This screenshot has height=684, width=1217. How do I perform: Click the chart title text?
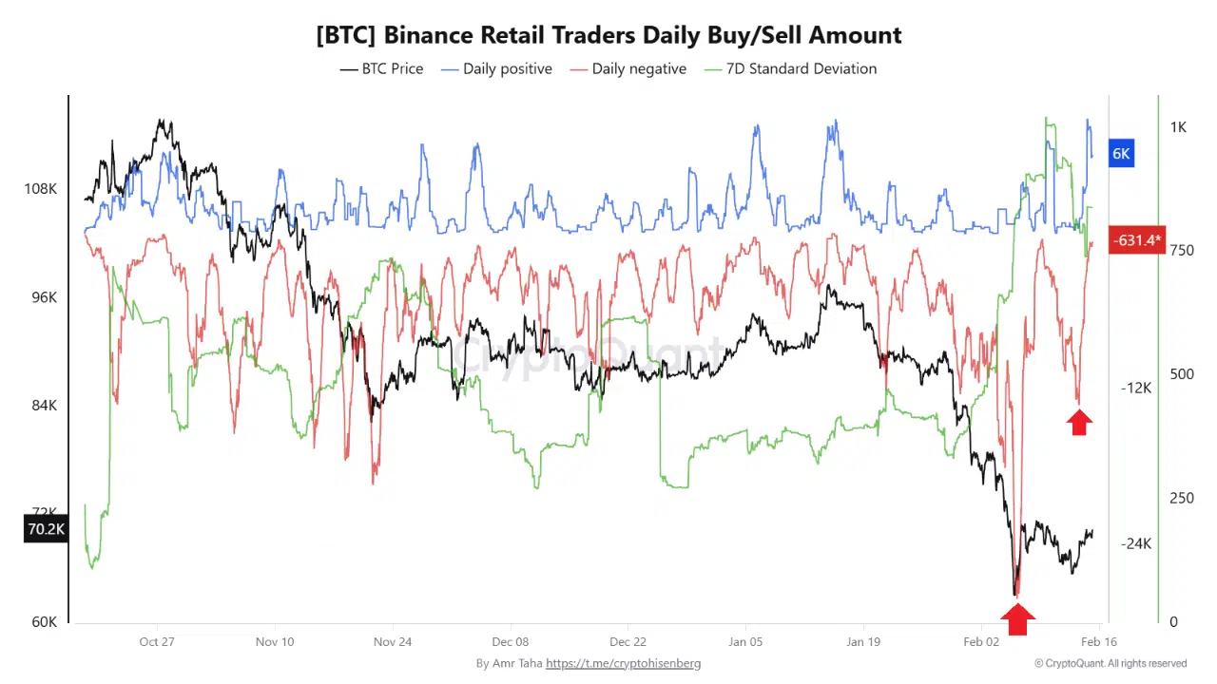tap(608, 35)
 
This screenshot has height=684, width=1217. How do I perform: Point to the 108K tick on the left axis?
tap(41, 189)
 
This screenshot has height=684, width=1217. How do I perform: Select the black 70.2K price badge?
tap(45, 529)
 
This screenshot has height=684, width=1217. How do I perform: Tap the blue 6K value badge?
tap(1122, 153)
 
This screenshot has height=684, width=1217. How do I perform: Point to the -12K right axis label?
tap(1136, 388)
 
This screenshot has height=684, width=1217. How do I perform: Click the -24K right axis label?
tap(1136, 543)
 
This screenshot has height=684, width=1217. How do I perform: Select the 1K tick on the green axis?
tap(1178, 127)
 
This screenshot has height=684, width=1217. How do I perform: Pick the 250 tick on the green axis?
tap(1181, 499)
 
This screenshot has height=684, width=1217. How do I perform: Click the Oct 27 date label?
tap(157, 642)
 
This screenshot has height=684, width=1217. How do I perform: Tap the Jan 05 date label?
tap(745, 642)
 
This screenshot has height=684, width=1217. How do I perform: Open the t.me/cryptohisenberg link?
tap(623, 663)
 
